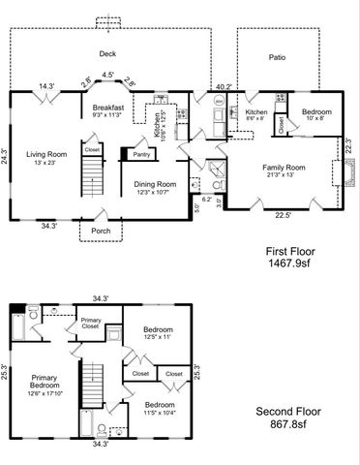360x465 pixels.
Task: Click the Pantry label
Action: (141, 153)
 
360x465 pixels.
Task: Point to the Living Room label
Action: (46, 154)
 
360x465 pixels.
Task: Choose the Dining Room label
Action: (154, 183)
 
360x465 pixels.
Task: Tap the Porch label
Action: (101, 231)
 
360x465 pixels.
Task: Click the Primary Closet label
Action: (91, 324)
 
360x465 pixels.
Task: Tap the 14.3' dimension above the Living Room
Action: (45, 85)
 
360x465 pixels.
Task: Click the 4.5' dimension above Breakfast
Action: (108, 75)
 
